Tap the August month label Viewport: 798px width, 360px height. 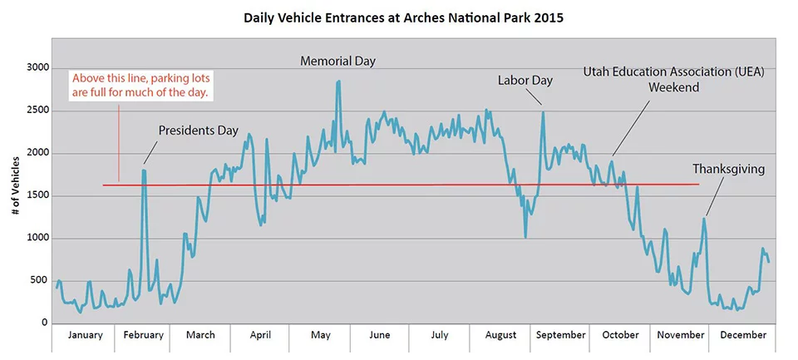pos(500,335)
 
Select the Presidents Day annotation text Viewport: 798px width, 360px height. pos(198,131)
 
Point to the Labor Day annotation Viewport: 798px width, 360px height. pos(525,81)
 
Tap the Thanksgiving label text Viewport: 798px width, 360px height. pos(728,169)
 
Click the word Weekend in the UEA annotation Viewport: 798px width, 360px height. pos(673,87)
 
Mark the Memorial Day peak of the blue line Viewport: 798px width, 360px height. pos(338,81)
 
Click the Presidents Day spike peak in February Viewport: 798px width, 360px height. pos(144,170)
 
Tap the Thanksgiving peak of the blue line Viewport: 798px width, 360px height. pos(704,219)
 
